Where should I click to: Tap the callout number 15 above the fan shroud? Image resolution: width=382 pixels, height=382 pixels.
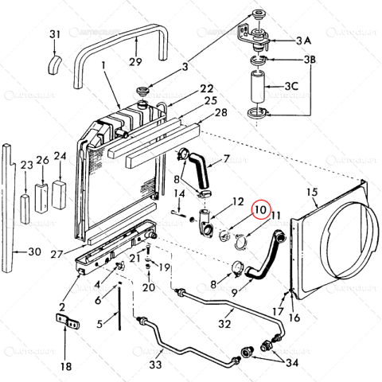pyautogui.click(x=312, y=192)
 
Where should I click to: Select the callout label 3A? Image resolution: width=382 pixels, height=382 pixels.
pyautogui.click(x=303, y=40)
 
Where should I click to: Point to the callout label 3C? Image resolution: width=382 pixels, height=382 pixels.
pyautogui.click(x=303, y=85)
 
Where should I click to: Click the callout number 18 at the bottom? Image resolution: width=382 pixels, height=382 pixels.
pyautogui.click(x=66, y=366)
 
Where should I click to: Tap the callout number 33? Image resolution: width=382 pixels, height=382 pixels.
pyautogui.click(x=157, y=364)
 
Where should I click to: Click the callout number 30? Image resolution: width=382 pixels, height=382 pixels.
pyautogui.click(x=33, y=252)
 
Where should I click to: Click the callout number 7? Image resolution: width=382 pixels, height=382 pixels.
pyautogui.click(x=226, y=158)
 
